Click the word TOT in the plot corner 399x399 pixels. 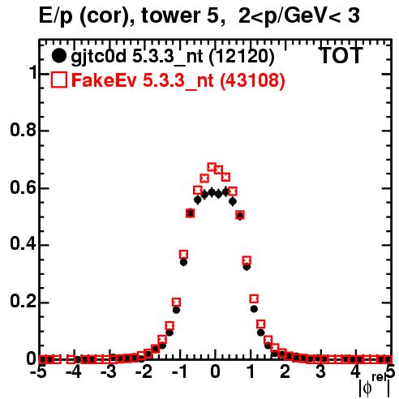[x=341, y=55]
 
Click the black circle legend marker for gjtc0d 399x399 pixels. [x=58, y=56]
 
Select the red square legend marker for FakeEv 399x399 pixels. [x=59, y=79]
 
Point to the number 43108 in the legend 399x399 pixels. [x=252, y=80]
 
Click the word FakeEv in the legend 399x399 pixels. [x=104, y=80]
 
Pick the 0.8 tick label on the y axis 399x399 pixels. [x=23, y=130]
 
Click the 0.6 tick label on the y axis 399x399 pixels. [x=23, y=187]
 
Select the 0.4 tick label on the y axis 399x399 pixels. [x=23, y=244]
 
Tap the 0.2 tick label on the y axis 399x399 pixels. [x=23, y=302]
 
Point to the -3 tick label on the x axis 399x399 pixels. [x=109, y=372]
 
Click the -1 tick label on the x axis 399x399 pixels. [x=178, y=372]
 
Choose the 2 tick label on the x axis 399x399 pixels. [x=285, y=372]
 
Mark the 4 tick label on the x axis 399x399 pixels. [x=355, y=372]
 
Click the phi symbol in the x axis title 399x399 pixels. [x=367, y=388]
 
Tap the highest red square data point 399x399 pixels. [x=212, y=167]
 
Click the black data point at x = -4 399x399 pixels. [x=78, y=359]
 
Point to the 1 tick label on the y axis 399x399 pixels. [x=32, y=73]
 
